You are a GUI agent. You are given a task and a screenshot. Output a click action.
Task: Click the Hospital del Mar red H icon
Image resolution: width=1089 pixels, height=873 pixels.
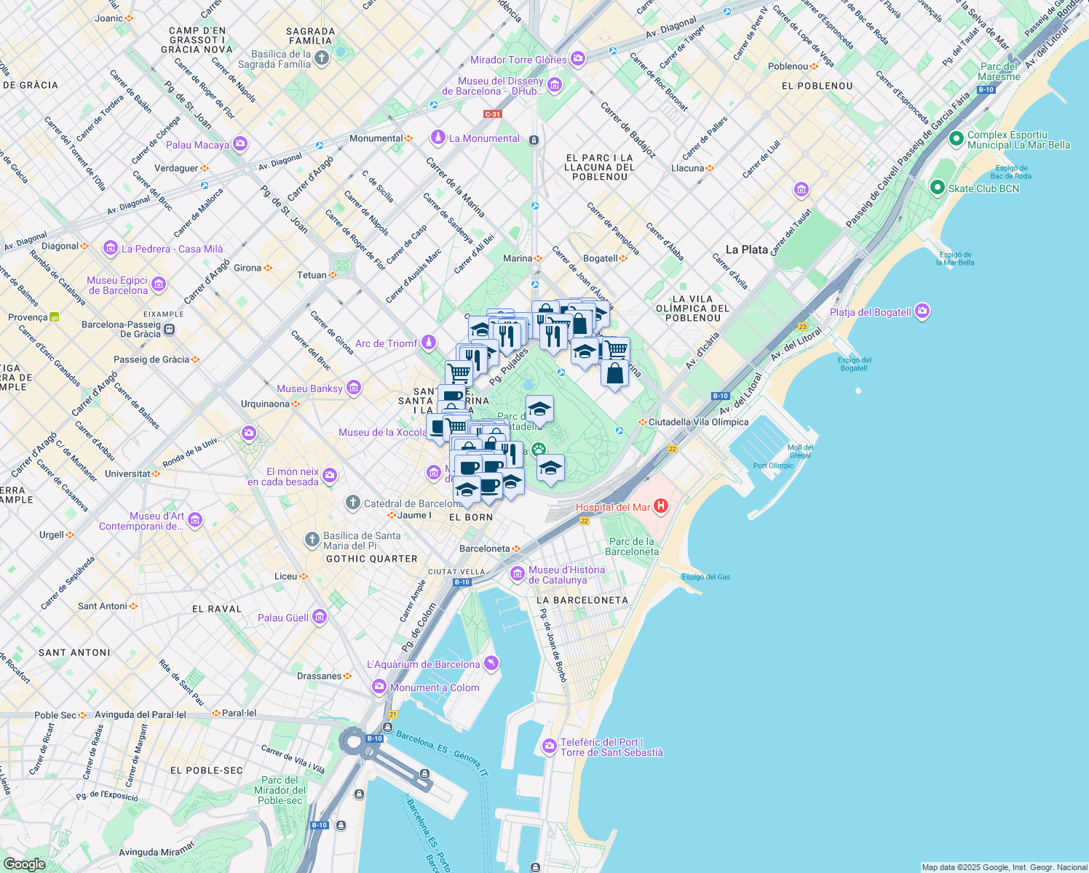tap(661, 506)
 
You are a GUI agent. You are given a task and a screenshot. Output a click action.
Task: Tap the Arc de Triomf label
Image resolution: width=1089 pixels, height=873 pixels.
tap(387, 343)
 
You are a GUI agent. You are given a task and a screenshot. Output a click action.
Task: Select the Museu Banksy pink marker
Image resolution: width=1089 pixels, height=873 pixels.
tap(354, 388)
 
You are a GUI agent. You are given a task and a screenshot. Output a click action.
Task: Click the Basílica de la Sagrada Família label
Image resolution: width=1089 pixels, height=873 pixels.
tap(281, 59)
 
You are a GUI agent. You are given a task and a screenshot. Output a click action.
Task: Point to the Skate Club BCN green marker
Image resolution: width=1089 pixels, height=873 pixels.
tap(938, 188)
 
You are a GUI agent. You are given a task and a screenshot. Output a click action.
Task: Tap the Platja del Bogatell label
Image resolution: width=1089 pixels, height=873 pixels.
tap(871, 312)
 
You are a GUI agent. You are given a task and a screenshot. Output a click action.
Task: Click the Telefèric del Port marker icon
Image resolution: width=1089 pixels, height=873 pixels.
tap(550, 746)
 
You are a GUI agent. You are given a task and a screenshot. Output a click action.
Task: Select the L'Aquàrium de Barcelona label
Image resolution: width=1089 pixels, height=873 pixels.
tap(423, 664)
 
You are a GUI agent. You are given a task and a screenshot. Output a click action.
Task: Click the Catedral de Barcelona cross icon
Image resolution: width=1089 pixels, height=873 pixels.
tap(352, 503)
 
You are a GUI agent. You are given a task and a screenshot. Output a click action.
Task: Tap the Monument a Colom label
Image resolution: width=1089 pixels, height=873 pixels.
tap(435, 687)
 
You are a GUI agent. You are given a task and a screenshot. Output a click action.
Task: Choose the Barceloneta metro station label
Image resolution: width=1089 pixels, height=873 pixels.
tap(485, 549)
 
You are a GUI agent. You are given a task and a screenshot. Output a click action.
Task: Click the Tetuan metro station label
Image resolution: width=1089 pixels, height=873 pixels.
tap(312, 275)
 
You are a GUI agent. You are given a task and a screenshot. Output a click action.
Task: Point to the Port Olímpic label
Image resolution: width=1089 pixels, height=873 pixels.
tap(773, 466)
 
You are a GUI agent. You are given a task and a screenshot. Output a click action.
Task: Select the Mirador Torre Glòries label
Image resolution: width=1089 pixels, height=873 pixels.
tap(518, 60)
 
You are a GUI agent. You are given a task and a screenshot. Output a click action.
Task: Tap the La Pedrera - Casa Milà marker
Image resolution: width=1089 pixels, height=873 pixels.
tap(111, 248)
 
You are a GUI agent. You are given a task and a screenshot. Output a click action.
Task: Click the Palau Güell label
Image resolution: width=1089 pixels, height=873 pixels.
tap(283, 618)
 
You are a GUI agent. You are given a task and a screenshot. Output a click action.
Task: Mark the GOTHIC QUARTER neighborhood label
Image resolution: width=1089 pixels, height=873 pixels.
tap(371, 559)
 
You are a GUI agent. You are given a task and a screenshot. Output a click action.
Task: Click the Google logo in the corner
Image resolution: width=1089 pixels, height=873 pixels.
tap(24, 864)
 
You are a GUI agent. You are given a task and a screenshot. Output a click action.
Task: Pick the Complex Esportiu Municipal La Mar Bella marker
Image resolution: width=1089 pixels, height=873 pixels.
tap(957, 139)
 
